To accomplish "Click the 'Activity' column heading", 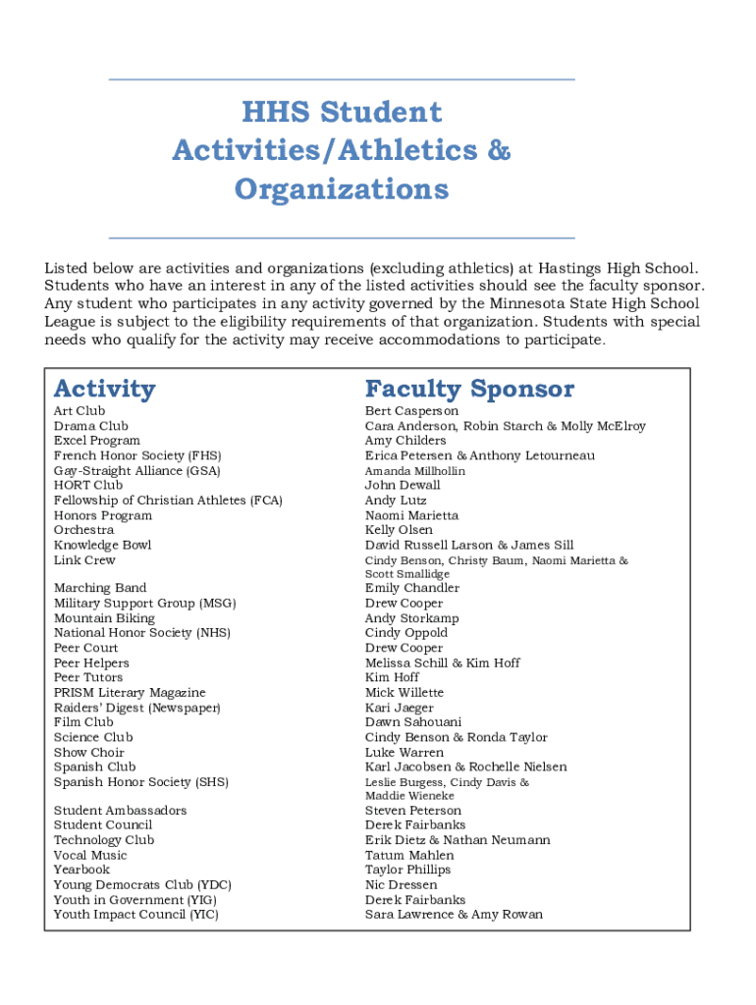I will pos(104,389).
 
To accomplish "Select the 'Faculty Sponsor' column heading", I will pos(469,389).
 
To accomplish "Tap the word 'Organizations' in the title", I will pos(341,188).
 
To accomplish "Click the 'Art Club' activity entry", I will pos(80,410).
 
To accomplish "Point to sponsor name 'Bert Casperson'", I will pos(411,410).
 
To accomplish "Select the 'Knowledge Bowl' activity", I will pos(102,545).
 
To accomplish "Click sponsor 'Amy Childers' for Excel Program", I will pos(405,441).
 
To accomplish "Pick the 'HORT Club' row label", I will pos(88,485).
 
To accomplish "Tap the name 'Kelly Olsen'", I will pos(399,530).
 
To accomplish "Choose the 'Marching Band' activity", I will pos(100,588).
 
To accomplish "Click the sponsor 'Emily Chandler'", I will pos(411,588).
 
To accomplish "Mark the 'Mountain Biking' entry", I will pos(104,618).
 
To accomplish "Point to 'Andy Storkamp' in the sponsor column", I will pos(411,618).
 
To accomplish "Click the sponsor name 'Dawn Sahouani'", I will pos(412,722).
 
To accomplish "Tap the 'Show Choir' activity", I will pos(89,753).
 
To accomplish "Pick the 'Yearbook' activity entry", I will pos(81,870).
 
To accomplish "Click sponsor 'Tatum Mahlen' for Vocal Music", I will pos(409,855).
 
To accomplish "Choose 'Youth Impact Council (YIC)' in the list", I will pos(136,915).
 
